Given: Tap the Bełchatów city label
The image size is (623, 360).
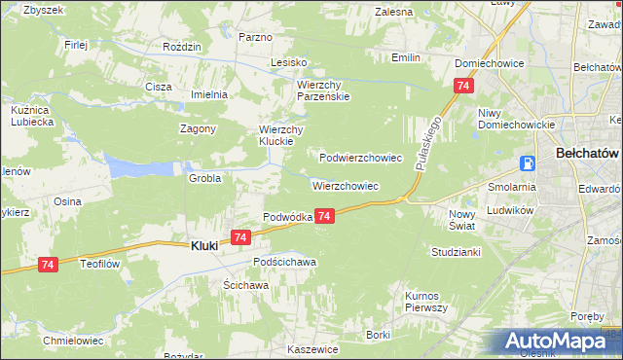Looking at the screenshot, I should pyautogui.click(x=587, y=154).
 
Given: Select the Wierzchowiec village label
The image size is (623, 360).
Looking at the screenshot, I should pyautogui.click(x=345, y=185).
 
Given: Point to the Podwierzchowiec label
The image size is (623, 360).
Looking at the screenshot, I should pyautogui.click(x=360, y=157).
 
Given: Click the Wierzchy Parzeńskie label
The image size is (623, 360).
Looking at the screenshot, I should pyautogui.click(x=322, y=90).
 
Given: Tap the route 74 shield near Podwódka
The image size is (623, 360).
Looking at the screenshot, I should pyautogui.click(x=325, y=216).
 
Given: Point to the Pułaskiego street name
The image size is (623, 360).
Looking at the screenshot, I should pyautogui.click(x=429, y=144).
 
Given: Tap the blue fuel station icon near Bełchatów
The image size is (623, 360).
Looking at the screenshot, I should pyautogui.click(x=528, y=163).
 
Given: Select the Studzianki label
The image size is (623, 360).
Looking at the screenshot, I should pyautogui.click(x=456, y=251).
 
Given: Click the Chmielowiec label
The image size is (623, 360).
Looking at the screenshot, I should pyautogui.click(x=68, y=341).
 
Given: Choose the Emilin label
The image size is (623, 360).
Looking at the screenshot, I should pyautogui.click(x=405, y=57).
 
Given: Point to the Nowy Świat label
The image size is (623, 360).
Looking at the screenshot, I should pyautogui.click(x=460, y=219).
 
